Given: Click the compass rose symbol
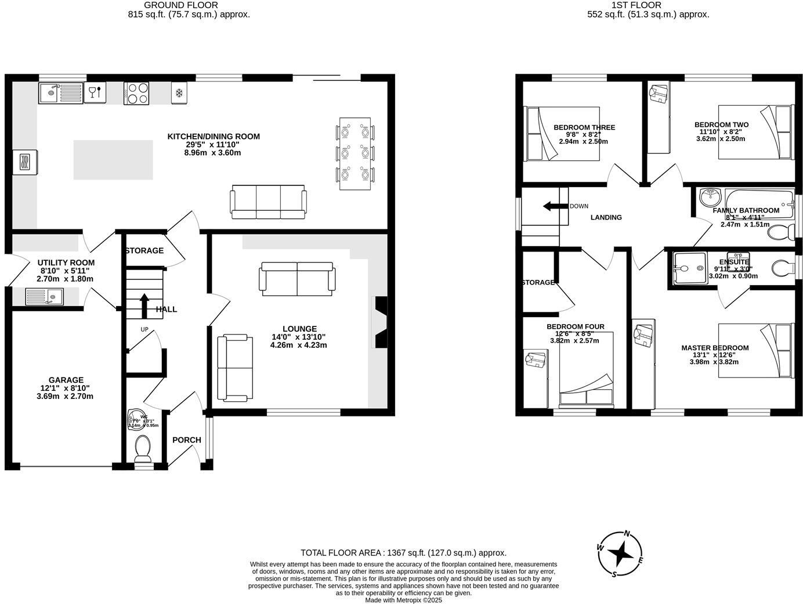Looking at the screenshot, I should click(x=621, y=555).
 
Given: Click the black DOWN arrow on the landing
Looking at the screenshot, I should click(x=555, y=206).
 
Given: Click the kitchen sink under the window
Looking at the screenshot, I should click(x=61, y=94).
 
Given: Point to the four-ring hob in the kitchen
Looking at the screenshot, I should click(x=136, y=94).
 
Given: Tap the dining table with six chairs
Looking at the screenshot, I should click(x=355, y=153).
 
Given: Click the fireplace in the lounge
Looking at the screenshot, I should click(x=380, y=322).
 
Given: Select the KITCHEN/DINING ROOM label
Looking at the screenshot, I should click(x=214, y=136).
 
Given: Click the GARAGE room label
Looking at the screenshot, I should click(x=66, y=380).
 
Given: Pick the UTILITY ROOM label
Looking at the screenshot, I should click(x=66, y=263).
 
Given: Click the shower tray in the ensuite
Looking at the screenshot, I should click(x=688, y=269).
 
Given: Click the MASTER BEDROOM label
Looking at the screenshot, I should click(x=715, y=348).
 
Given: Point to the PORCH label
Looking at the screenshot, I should click(x=187, y=440).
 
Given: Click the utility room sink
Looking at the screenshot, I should click(x=45, y=297).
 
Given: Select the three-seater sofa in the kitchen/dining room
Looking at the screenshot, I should click(x=268, y=202).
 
